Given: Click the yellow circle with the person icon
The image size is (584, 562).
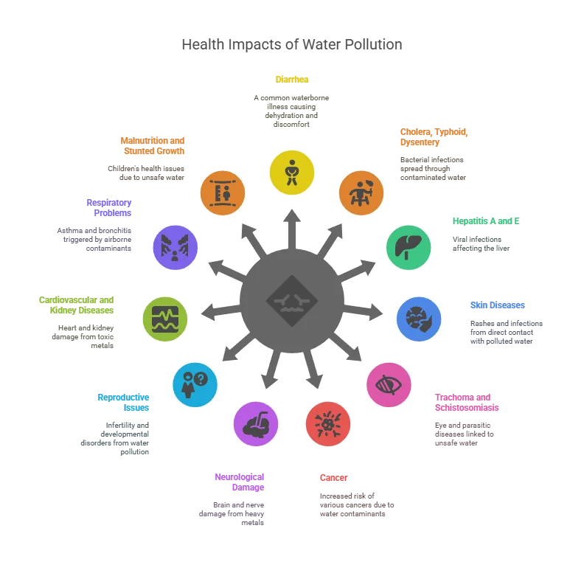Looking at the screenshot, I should click(292, 173).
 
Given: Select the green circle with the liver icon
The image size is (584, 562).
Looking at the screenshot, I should click(408, 247).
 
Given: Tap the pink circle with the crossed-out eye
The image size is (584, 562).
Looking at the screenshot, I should click(389, 384).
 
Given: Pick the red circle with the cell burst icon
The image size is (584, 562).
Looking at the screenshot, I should click(328, 423).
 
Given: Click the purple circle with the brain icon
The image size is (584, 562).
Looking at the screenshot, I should click(256, 424).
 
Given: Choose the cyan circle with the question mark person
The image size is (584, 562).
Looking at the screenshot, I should click(195, 384).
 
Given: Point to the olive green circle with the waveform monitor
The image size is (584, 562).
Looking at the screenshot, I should click(165, 319).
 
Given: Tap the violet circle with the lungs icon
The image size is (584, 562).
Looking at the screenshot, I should click(175, 247).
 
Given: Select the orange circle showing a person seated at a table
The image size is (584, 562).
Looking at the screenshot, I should click(361, 192).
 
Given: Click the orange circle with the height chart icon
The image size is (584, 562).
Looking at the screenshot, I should click(223, 193).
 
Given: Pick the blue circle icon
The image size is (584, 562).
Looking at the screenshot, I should click(419, 319).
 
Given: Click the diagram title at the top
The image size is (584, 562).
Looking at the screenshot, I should click(292, 45).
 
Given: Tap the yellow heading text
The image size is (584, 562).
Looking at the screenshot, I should click(292, 78).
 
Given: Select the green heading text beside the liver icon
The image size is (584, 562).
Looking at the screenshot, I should click(486, 219).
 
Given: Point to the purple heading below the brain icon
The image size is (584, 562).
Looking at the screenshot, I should click(238, 482).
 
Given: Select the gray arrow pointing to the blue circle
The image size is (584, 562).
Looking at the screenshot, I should click(364, 311).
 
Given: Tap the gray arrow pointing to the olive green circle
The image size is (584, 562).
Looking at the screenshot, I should click(218, 311).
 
